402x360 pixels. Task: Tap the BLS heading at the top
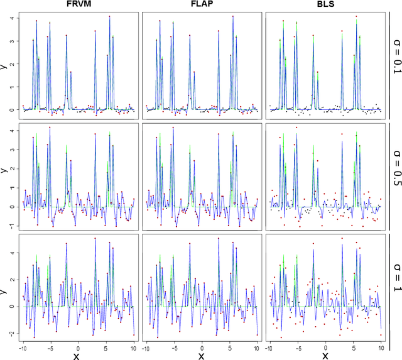[324, 5]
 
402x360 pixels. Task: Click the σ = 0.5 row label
[395, 173]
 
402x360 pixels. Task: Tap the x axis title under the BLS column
[325, 355]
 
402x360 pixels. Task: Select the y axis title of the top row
[4, 65]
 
